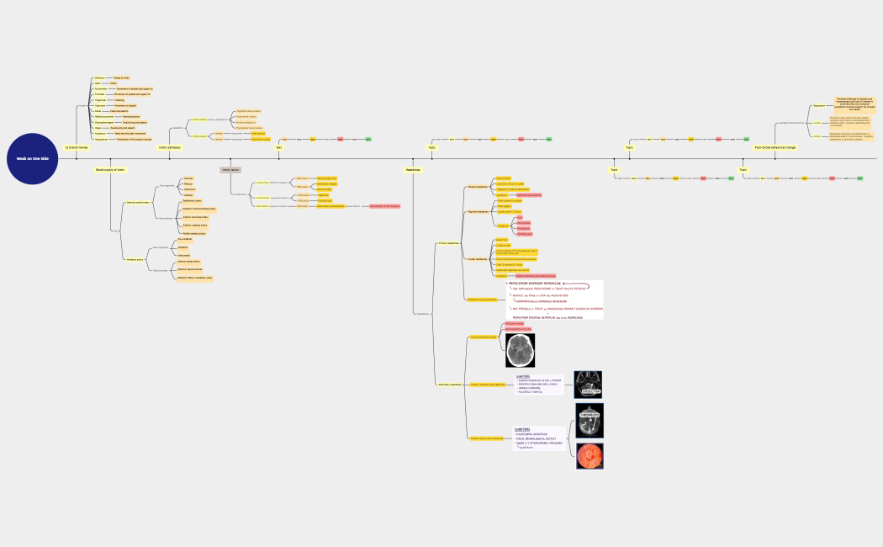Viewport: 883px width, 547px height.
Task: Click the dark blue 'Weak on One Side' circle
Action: click(x=33, y=158)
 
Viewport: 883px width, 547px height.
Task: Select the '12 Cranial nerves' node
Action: click(x=77, y=147)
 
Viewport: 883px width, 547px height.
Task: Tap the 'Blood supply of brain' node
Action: click(x=109, y=170)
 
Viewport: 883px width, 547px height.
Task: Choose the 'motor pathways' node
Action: click(x=169, y=147)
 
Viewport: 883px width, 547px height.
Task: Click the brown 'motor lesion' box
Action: click(x=230, y=170)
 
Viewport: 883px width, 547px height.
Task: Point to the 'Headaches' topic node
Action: click(x=412, y=170)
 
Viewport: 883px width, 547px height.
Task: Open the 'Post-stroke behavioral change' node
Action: click(x=775, y=147)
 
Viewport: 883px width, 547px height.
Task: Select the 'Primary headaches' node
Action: click(x=448, y=243)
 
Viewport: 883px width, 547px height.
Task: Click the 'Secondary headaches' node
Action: click(x=449, y=385)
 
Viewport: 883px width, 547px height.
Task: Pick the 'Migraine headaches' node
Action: click(x=478, y=212)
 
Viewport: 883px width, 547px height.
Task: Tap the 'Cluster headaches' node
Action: click(x=477, y=259)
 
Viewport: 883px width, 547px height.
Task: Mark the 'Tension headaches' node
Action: click(x=477, y=187)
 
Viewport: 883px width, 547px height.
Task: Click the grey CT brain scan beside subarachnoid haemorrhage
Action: click(x=520, y=350)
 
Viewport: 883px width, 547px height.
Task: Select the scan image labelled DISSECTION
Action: click(x=588, y=385)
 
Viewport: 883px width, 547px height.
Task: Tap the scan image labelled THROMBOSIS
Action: click(x=590, y=421)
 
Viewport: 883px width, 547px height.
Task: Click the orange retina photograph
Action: click(x=590, y=455)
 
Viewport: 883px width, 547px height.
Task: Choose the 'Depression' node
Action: click(x=819, y=106)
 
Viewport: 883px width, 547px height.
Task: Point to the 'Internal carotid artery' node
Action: click(x=137, y=203)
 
